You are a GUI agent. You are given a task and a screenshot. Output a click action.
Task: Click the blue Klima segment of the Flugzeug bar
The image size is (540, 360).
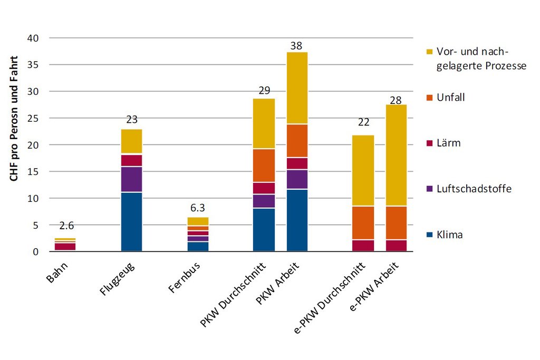click(131, 222)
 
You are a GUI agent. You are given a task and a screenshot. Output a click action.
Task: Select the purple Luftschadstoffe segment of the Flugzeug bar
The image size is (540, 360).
click(131, 179)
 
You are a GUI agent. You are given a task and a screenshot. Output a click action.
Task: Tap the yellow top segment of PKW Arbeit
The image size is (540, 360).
click(297, 88)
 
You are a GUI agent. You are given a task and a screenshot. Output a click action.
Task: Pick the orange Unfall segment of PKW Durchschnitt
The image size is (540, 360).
click(264, 166)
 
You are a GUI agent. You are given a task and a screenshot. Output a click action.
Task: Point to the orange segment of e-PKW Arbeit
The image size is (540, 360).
click(396, 223)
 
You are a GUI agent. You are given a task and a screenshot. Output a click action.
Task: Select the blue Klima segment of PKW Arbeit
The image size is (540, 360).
click(297, 220)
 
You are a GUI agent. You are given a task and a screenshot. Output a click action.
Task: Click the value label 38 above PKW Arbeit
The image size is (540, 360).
click(296, 46)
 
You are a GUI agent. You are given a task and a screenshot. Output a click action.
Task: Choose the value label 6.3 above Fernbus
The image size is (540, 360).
click(197, 207)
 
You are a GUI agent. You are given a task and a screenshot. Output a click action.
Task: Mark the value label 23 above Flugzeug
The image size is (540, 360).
click(131, 120)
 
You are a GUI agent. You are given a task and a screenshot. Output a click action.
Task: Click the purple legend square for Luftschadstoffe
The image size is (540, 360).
click(429, 189)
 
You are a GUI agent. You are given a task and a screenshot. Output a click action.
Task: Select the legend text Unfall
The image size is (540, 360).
click(451, 97)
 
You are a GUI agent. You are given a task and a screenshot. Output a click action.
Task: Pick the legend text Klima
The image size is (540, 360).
click(450, 235)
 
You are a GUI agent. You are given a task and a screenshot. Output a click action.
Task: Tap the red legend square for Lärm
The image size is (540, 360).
click(429, 143)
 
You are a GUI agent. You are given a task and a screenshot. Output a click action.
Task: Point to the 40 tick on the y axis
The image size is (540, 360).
click(34, 38)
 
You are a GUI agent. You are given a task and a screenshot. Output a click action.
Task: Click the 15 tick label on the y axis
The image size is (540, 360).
click(34, 172)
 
